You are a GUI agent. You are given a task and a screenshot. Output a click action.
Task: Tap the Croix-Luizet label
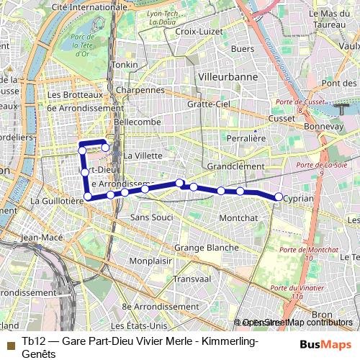coord(197,32)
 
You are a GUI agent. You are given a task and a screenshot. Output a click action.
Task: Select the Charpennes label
coord(140,91)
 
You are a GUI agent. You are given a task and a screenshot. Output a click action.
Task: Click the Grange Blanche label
coord(206,248)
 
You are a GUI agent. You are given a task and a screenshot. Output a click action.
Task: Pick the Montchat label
coord(238,217)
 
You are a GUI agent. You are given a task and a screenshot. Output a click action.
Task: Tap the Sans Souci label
coord(151,217)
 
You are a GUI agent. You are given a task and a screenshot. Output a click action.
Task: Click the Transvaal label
coord(191,279)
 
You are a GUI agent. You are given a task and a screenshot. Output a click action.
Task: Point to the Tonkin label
coord(125,65)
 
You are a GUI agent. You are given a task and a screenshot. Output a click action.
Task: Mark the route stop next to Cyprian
coord(279,197)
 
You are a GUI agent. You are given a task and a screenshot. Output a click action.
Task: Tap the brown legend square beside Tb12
coord(9,343)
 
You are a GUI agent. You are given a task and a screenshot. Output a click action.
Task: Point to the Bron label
coord(322,315)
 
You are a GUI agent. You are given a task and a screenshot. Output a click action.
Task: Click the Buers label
coord(243,49)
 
